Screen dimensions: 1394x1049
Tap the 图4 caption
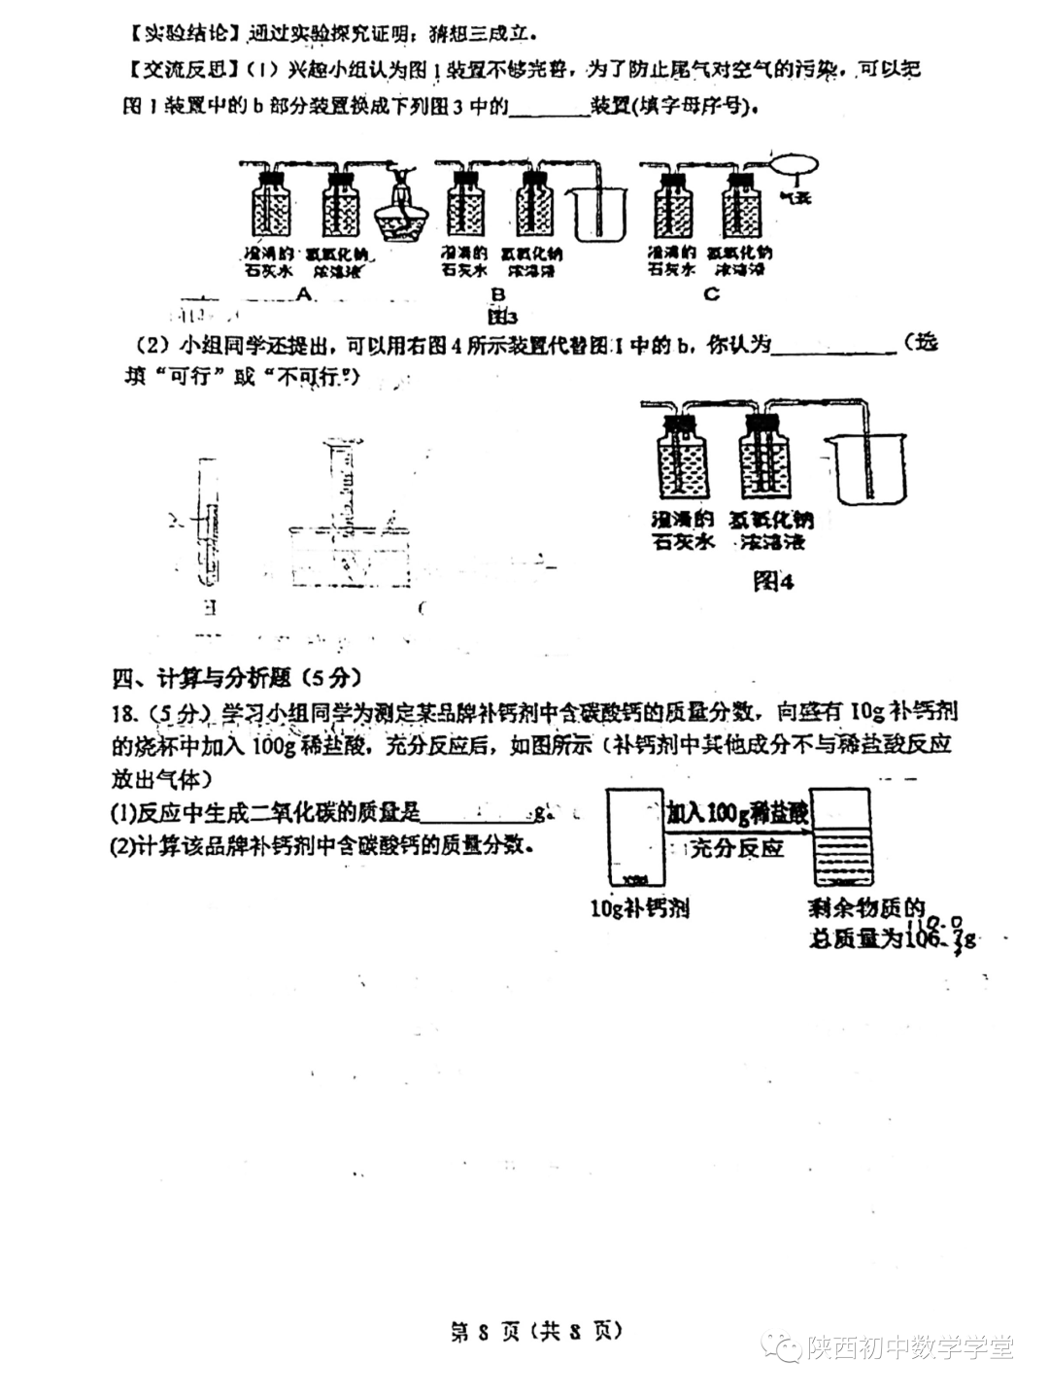(774, 582)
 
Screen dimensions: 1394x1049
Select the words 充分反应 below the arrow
(736, 848)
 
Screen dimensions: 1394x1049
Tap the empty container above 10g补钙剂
(632, 837)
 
